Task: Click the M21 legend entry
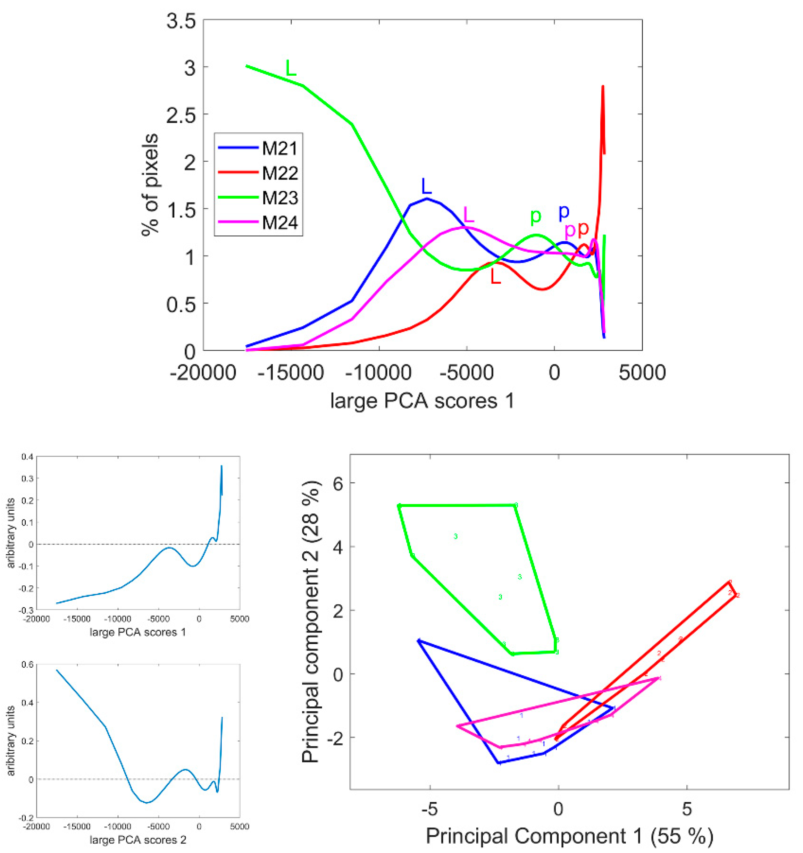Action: coord(279,149)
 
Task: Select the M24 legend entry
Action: coord(279,223)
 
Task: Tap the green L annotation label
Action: coord(291,68)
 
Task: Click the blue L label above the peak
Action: coord(426,186)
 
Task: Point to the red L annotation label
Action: coord(496,277)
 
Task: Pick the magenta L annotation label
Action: coord(469,214)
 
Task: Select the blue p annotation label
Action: coord(563,211)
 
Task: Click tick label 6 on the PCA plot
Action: coord(339,483)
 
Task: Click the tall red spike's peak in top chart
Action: coord(603,87)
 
